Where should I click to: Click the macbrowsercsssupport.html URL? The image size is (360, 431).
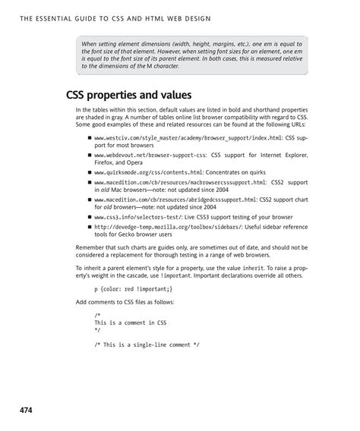[x=180, y=183]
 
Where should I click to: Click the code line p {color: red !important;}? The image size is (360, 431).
[x=134, y=288]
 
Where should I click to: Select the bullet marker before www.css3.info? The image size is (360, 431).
[x=90, y=215]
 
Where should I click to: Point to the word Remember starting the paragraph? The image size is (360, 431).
[x=92, y=248]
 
